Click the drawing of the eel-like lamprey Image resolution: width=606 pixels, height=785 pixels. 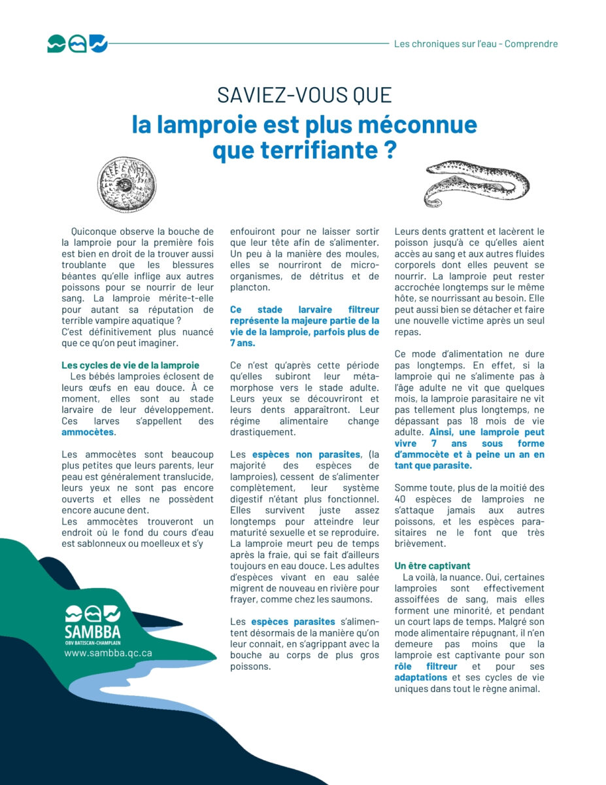click(477, 183)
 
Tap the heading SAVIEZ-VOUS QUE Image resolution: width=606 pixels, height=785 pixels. click(304, 96)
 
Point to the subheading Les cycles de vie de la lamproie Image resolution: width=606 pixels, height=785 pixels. click(130, 365)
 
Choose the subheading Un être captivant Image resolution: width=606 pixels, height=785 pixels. click(432, 565)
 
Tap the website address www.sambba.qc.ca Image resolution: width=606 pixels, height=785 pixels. click(108, 653)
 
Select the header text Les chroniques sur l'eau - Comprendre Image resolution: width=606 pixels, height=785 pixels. click(476, 44)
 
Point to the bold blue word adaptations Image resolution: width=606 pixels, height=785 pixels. click(420, 677)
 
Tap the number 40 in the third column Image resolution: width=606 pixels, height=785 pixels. click(399, 498)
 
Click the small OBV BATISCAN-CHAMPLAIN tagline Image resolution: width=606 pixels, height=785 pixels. click(92, 643)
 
